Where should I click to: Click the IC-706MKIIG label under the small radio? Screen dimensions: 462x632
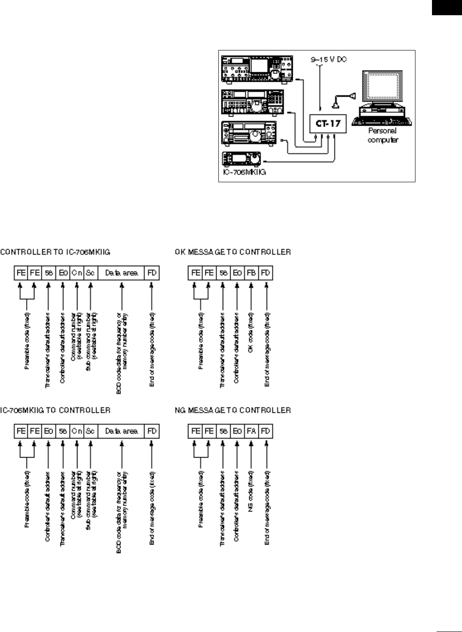coord(242,172)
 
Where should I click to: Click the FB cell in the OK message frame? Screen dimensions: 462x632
coord(251,273)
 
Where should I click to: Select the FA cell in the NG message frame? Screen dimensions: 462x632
coord(251,431)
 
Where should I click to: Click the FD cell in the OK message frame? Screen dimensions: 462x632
coord(266,273)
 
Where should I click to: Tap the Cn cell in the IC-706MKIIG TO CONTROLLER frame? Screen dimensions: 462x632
coord(77,431)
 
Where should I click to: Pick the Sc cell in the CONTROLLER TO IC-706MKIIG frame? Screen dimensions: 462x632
coord(90,273)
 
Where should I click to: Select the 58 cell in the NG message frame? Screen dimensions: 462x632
coord(223,431)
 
